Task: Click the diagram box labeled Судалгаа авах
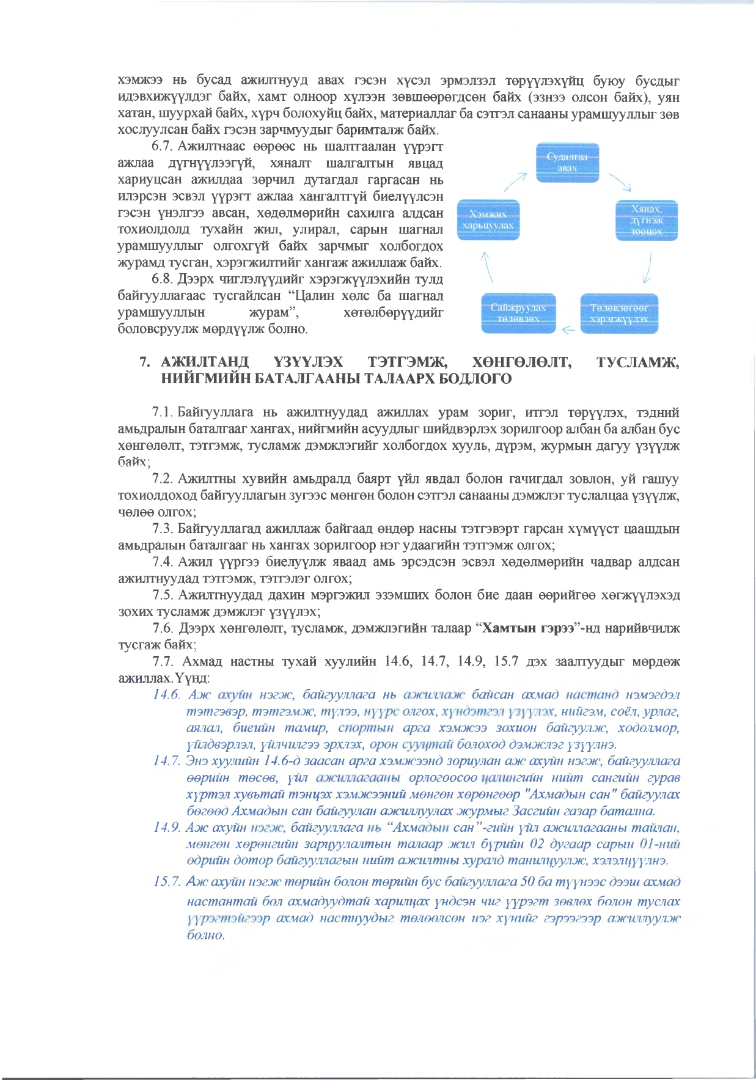(x=567, y=163)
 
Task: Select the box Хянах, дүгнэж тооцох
(x=647, y=221)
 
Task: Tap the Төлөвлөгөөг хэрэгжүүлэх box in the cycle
(x=618, y=314)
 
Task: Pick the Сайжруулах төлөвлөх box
(x=518, y=314)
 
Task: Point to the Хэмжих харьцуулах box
(x=488, y=220)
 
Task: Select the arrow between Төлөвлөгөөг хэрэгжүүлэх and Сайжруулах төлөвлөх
(x=568, y=331)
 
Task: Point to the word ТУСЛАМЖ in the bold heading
(x=637, y=362)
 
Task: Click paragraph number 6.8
(x=163, y=279)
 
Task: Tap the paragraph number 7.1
(x=163, y=413)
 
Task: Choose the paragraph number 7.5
(x=163, y=595)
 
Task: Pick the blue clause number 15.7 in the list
(x=167, y=881)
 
